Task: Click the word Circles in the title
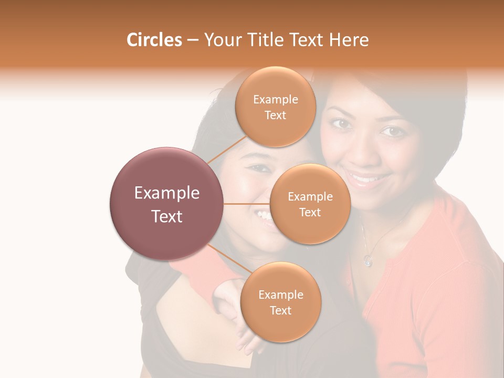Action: (154, 40)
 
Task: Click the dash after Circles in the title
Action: (193, 40)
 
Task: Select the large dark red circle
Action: (167, 203)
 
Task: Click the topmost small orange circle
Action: (275, 107)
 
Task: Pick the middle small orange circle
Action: (310, 204)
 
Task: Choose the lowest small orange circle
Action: (280, 302)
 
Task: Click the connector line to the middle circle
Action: (246, 204)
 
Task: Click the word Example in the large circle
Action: (167, 193)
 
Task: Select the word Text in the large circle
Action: (167, 216)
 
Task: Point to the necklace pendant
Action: (367, 259)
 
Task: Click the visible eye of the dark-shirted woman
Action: (258, 168)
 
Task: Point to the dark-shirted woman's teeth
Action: (262, 215)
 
